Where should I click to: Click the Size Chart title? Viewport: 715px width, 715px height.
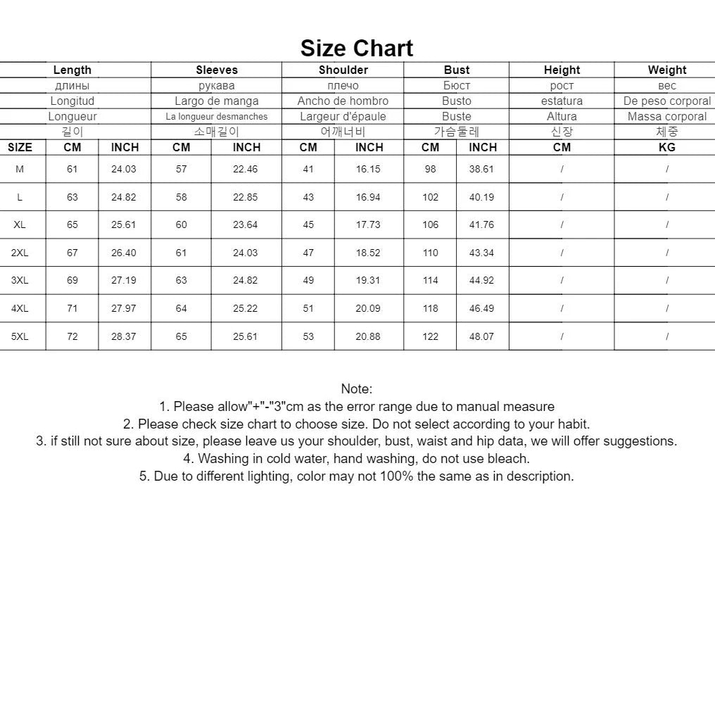(x=357, y=48)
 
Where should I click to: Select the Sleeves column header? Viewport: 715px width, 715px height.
(x=217, y=70)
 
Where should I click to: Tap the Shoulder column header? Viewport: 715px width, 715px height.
(x=343, y=70)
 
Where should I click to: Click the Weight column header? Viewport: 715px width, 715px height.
(x=666, y=70)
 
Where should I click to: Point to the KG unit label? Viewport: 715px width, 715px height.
(x=666, y=147)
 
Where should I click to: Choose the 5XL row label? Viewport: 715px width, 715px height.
(x=20, y=336)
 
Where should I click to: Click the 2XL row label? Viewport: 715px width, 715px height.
(x=20, y=253)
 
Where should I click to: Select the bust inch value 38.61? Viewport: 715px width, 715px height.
(x=481, y=169)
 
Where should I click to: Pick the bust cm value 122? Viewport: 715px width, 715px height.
(x=430, y=336)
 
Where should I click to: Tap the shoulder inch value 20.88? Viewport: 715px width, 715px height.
(x=367, y=336)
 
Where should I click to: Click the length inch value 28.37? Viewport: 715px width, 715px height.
(x=123, y=336)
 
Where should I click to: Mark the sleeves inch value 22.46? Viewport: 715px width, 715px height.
(x=245, y=169)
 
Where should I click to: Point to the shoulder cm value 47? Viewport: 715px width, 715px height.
(x=308, y=253)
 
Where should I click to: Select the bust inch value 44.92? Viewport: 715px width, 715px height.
(x=481, y=280)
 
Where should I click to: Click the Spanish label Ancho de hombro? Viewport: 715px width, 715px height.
(x=343, y=101)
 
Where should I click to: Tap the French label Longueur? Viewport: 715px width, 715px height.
(x=72, y=116)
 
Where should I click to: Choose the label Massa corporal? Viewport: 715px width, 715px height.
(x=666, y=116)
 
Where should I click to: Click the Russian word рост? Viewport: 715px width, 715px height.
(x=562, y=85)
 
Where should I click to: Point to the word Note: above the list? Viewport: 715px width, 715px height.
(x=357, y=388)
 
